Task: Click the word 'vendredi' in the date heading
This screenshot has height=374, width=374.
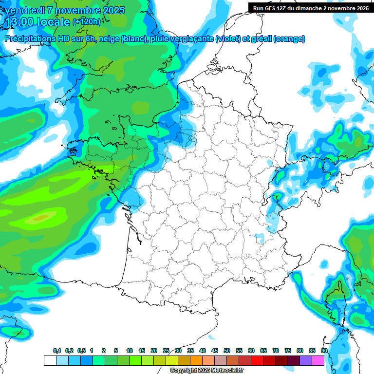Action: pos(24,10)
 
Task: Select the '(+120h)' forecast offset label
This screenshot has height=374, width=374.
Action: pos(86,22)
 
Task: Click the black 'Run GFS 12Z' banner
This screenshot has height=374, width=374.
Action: pos(310,8)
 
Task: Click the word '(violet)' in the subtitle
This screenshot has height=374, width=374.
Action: pos(228,39)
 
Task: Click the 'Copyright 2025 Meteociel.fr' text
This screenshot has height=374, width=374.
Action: pos(207,371)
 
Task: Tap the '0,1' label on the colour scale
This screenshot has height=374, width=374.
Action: pos(57,351)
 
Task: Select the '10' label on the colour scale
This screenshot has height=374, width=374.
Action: pos(130,351)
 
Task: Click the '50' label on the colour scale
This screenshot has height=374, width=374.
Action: pos(227,351)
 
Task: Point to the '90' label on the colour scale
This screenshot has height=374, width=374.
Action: pos(324,351)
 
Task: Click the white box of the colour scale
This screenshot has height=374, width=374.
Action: pos(50,360)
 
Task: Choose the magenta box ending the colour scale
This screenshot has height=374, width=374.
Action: pos(318,360)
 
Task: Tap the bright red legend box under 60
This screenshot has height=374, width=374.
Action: pos(257,360)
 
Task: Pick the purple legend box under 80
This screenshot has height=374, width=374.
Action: pos(306,360)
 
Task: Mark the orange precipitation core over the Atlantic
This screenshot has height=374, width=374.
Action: pos(41,217)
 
